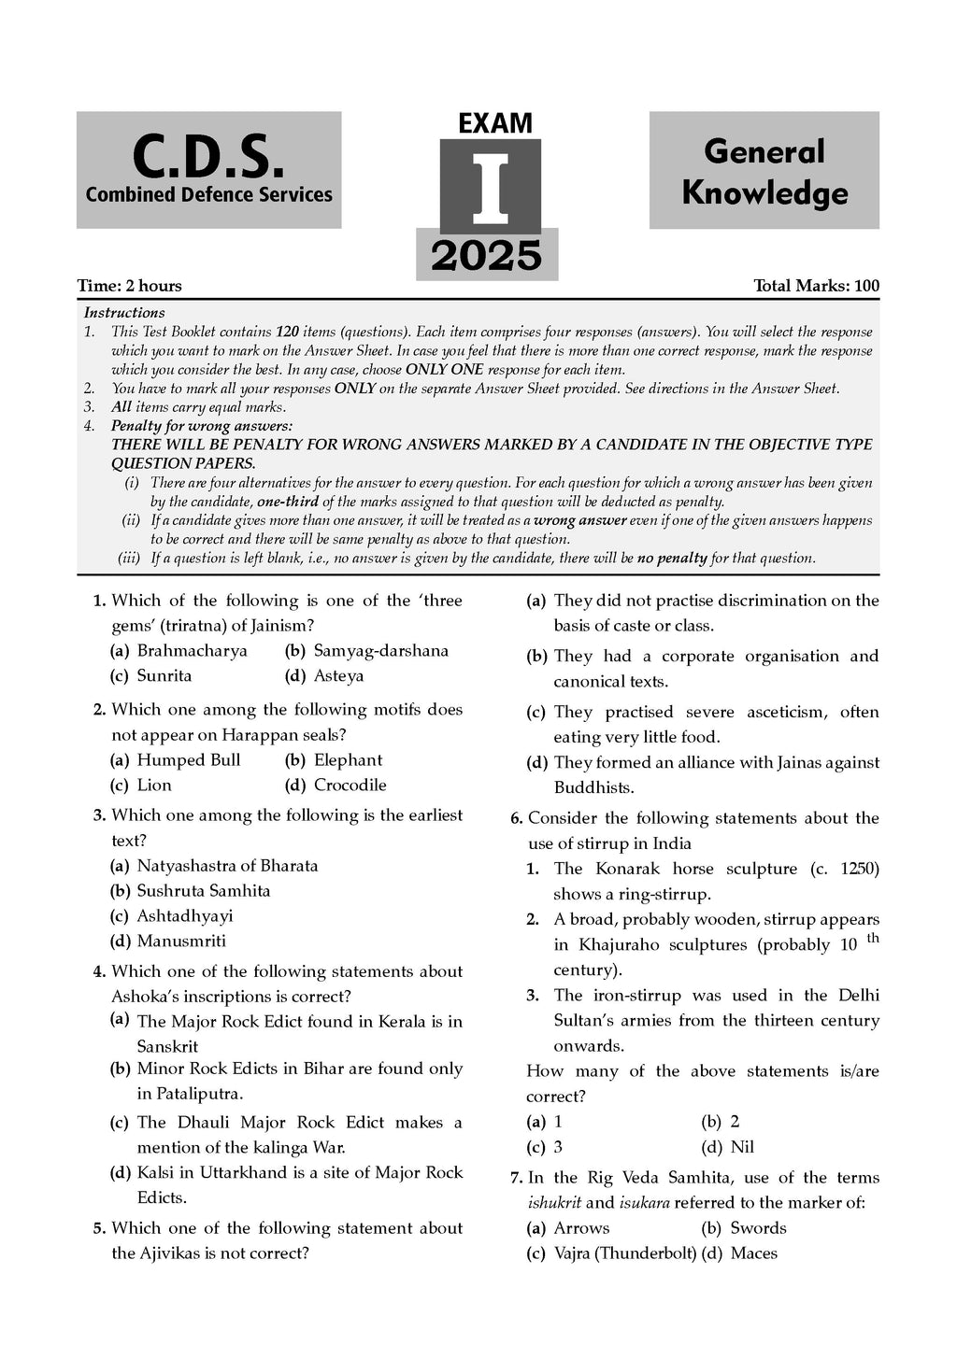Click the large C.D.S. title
point(207,156)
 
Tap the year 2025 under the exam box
point(486,256)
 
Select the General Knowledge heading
point(764,172)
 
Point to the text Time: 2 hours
point(130,286)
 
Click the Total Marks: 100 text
point(816,286)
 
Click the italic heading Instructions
point(124,313)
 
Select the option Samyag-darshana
point(380,651)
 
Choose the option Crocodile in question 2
point(350,786)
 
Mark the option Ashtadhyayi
point(184,916)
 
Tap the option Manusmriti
point(181,941)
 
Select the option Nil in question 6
point(742,1147)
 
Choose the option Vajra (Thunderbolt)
point(624,1253)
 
